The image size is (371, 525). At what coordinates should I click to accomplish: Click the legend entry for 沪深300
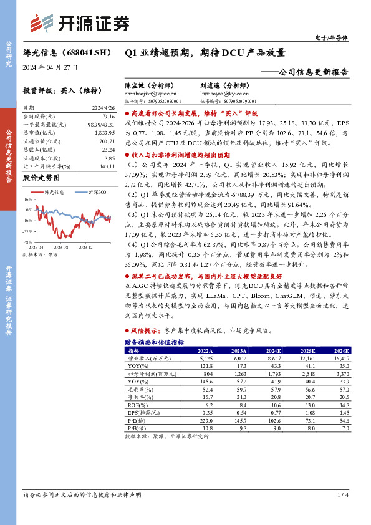click(92, 192)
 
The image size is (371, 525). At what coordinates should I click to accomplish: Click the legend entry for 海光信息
click(53, 192)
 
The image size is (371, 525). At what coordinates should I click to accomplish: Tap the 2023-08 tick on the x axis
click(60, 247)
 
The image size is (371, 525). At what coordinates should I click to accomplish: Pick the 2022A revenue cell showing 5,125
click(204, 359)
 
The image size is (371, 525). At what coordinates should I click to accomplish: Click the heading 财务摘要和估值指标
click(154, 343)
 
